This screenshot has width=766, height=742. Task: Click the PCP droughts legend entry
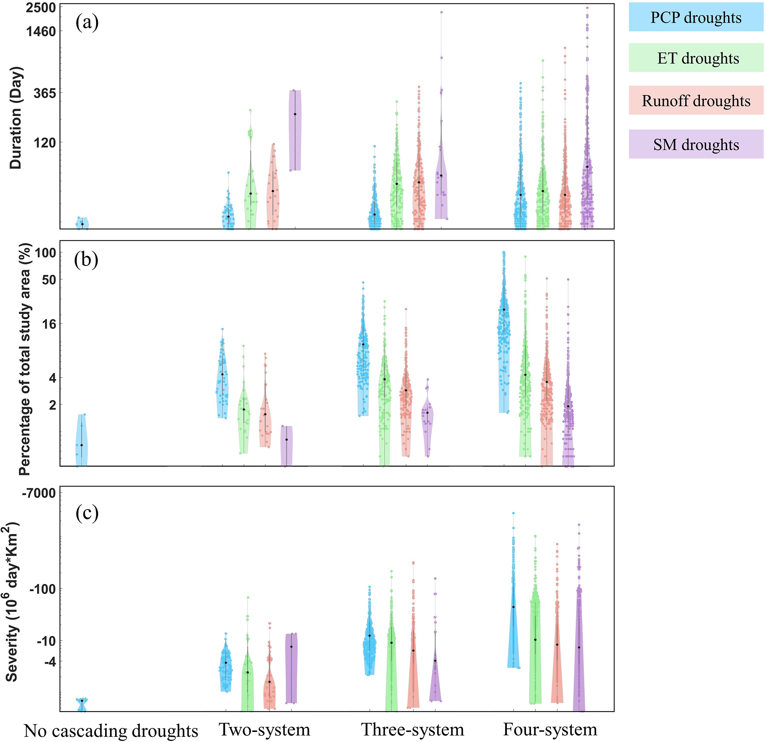pyautogui.click(x=696, y=17)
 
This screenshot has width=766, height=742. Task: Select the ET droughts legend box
pyautogui.click(x=696, y=58)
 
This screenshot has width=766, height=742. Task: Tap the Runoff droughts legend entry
pyautogui.click(x=696, y=100)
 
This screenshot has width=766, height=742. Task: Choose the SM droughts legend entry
pyautogui.click(x=696, y=144)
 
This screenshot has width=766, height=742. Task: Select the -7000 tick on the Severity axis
pyautogui.click(x=39, y=493)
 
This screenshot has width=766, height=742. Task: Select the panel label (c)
pyautogui.click(x=87, y=513)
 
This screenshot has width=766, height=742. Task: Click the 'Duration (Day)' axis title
pyautogui.click(x=16, y=117)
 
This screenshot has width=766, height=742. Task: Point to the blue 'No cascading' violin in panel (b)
pyautogui.click(x=82, y=440)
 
